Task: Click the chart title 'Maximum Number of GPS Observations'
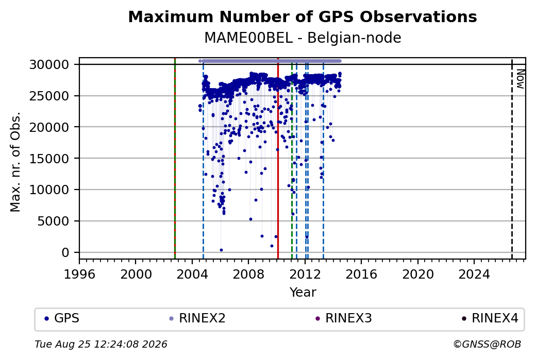(303, 16)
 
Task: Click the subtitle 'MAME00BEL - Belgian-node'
(303, 38)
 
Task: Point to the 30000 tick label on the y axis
(49, 64)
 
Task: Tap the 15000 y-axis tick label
(49, 159)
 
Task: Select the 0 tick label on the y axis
(65, 252)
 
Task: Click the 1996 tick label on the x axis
(79, 275)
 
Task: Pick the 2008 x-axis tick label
(248, 275)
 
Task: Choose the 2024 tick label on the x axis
(474, 275)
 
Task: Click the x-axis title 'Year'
(303, 293)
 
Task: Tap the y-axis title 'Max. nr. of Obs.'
(15, 162)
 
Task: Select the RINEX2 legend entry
(197, 318)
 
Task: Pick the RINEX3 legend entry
(344, 318)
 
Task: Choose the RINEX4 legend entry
(490, 318)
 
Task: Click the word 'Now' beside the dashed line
(520, 79)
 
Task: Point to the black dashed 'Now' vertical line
(512, 159)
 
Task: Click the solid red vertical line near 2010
(278, 159)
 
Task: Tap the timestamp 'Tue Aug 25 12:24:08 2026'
(101, 344)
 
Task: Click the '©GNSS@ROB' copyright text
(487, 344)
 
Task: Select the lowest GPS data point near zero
(221, 250)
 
